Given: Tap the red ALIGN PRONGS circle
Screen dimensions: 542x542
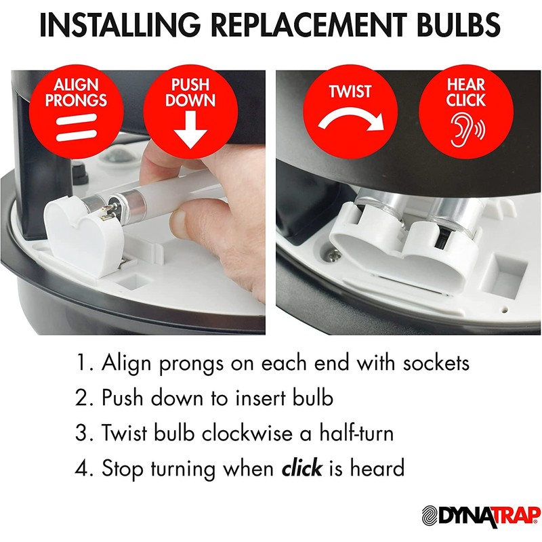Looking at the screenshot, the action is [x=76, y=112].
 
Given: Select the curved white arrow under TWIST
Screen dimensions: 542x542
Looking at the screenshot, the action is [x=351, y=119].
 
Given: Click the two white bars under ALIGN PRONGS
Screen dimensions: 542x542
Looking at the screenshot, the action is [x=76, y=127].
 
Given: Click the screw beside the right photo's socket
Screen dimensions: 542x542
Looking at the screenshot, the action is [x=334, y=256].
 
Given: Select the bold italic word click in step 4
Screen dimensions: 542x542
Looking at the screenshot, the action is [x=302, y=468].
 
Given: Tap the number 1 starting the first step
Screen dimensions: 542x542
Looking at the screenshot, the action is [x=82, y=362].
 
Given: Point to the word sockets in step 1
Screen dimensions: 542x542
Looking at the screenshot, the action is [x=436, y=363].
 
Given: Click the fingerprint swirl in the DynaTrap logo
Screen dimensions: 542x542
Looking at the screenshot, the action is [x=431, y=516].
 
